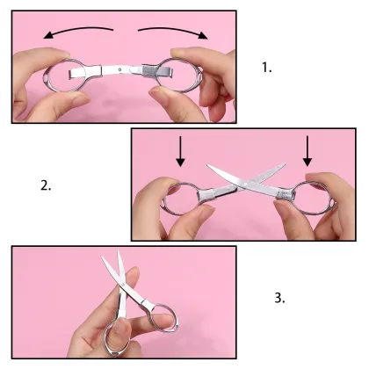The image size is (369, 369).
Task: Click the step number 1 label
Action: [x=267, y=67]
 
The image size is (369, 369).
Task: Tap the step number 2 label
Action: [x=46, y=185]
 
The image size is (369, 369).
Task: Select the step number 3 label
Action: [x=279, y=298]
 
